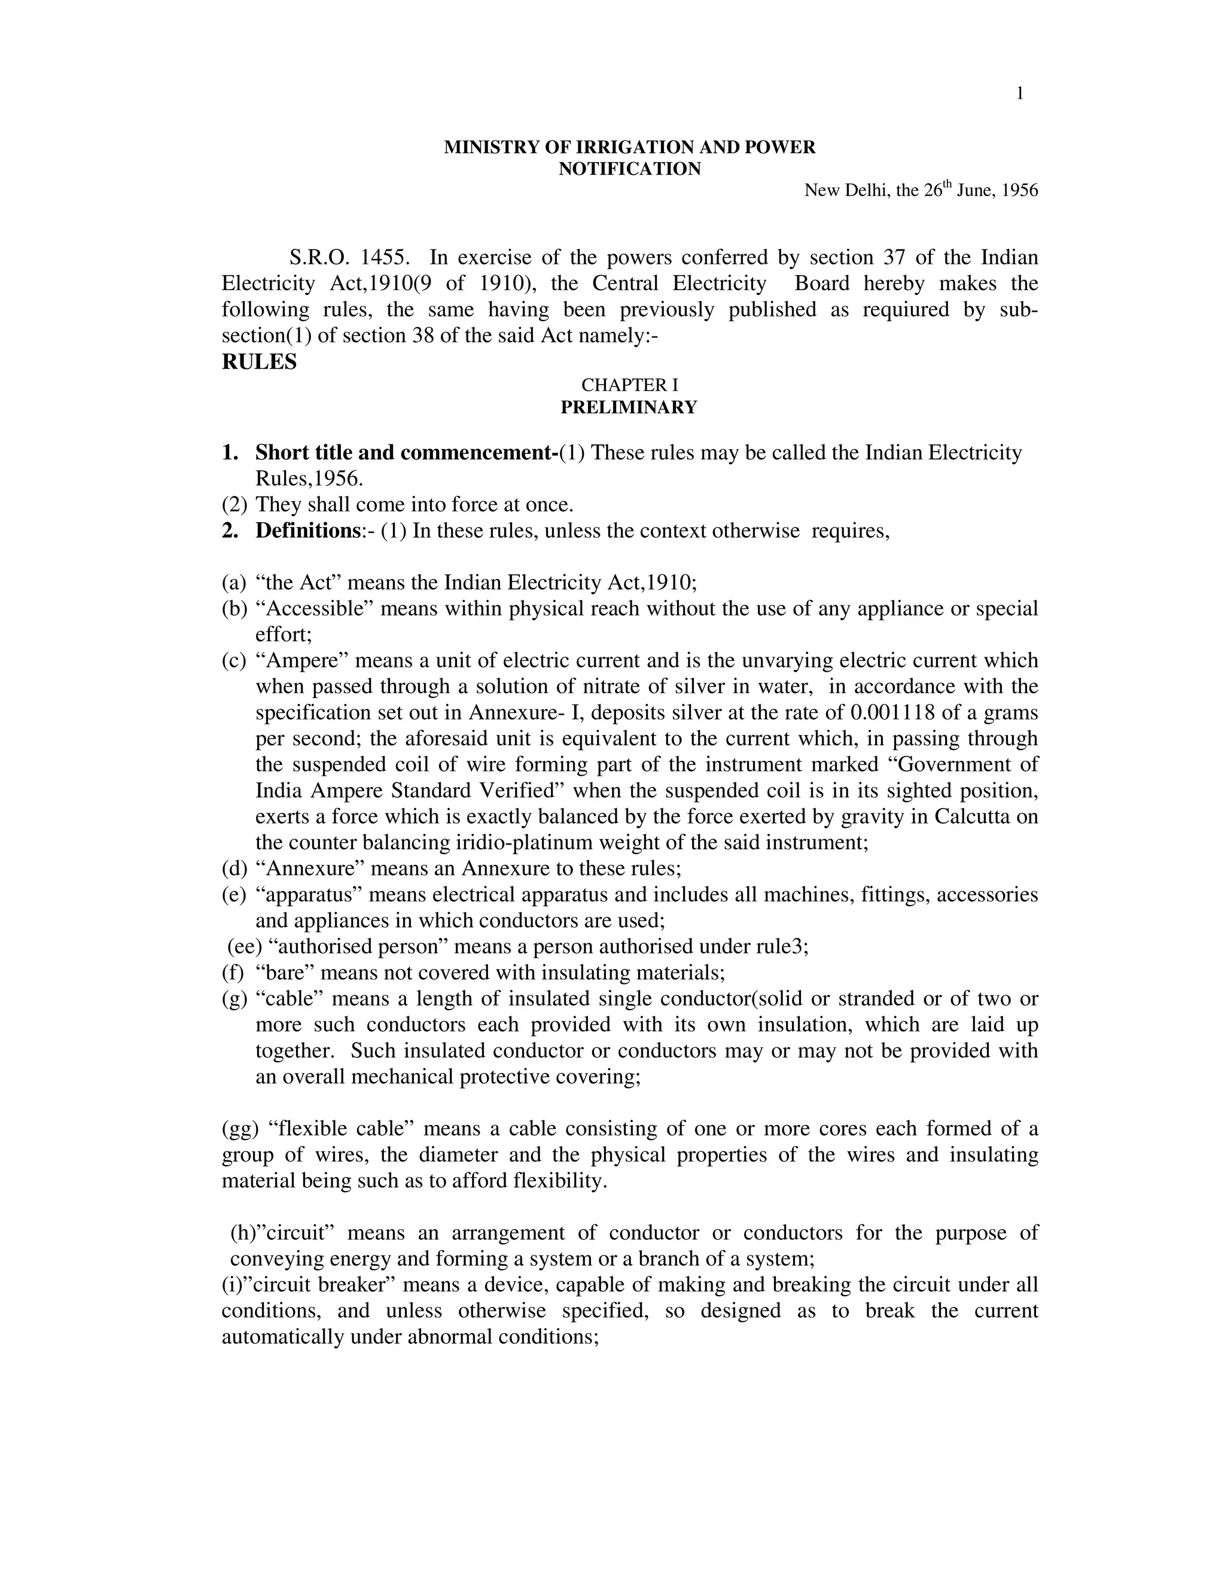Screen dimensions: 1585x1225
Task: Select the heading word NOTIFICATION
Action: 629,169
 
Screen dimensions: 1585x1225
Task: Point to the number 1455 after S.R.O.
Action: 386,258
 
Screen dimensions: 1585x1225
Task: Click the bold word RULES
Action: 259,362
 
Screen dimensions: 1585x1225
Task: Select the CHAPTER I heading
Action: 629,385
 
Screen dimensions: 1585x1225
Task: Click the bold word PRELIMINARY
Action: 629,407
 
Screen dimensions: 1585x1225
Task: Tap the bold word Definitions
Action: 304,531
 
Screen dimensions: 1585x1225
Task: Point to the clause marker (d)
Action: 234,868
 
